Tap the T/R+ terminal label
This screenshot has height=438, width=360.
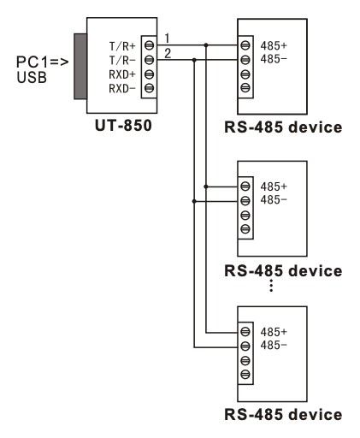pos(122,47)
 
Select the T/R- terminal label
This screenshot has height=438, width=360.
pos(122,61)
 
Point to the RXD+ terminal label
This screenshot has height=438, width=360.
pos(122,74)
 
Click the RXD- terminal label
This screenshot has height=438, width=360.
pos(122,88)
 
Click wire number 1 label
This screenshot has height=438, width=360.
pos(168,38)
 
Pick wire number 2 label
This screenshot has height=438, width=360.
pos(168,54)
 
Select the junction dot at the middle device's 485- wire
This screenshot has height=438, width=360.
pos(195,201)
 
